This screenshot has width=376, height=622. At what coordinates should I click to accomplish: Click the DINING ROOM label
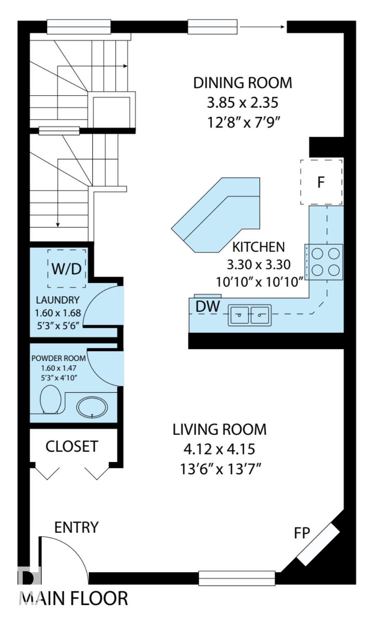point(242,83)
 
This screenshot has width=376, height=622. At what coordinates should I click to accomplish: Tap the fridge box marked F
point(321,182)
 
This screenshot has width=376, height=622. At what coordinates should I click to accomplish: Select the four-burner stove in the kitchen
point(324,262)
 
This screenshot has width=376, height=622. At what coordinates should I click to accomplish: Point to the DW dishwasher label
point(208,307)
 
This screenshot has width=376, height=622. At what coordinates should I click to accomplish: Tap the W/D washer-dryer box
point(67,268)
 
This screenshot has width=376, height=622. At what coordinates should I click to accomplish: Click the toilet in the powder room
point(51,399)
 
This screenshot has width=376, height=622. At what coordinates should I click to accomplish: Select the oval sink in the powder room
point(92,407)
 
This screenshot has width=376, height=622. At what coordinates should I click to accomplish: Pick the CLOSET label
point(72,446)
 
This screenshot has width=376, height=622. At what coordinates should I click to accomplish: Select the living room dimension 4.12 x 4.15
point(219,449)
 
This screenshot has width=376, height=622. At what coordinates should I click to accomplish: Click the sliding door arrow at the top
point(262,27)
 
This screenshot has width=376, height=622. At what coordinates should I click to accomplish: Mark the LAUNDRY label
point(58,300)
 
